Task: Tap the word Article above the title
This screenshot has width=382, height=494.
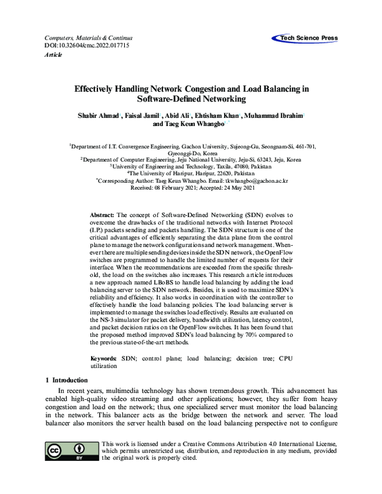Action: click(53, 55)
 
